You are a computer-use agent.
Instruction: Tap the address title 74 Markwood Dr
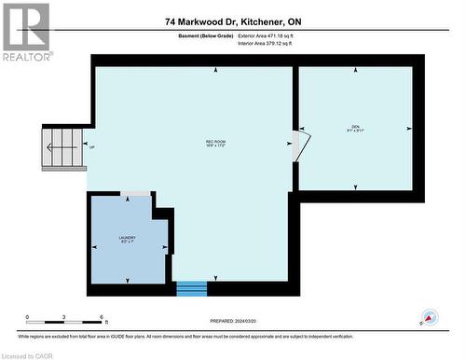[x=233, y=21]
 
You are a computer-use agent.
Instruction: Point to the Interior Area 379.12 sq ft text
[x=265, y=43]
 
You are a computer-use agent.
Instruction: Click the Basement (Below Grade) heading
[x=205, y=35]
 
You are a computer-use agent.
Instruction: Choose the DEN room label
[x=355, y=128]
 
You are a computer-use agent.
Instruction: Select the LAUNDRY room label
[x=128, y=240]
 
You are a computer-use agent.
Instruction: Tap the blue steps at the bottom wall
[x=192, y=288]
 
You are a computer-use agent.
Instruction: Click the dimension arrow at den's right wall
[x=407, y=128]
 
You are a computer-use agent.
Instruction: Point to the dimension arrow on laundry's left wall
[x=94, y=247]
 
